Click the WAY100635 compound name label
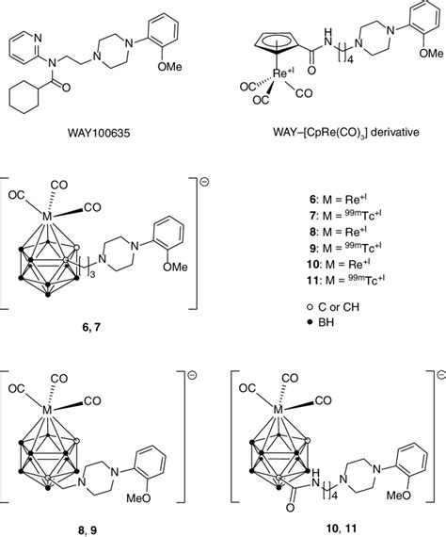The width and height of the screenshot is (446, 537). tap(99, 133)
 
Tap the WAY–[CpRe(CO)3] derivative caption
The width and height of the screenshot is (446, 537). tap(345, 132)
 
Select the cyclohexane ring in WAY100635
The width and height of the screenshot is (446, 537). tap(24, 98)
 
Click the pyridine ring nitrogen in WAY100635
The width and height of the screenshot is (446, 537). tap(38, 38)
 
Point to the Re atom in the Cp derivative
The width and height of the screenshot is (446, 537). tap(280, 73)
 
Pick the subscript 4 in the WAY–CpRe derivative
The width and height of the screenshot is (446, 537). tap(349, 59)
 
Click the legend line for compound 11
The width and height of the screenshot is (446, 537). tap(345, 280)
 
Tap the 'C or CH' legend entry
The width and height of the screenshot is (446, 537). tap(334, 307)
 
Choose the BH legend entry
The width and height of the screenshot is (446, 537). tap(321, 322)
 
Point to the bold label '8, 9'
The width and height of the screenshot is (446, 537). tap(88, 530)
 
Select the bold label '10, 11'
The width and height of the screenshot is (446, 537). tap(341, 529)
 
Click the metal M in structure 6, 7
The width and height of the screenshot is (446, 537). tap(47, 216)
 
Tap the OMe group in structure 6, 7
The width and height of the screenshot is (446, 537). tap(175, 267)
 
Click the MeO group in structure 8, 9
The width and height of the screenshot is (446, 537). tap(138, 498)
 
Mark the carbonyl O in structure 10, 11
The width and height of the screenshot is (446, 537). tap(291, 508)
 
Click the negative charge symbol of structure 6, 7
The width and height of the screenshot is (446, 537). tap(205, 182)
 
